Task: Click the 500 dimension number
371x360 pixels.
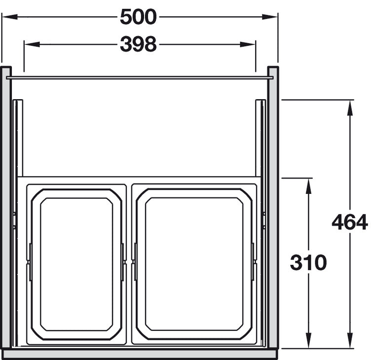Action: click(x=138, y=17)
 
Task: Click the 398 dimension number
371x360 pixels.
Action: click(x=138, y=44)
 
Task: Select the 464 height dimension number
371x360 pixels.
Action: click(x=350, y=222)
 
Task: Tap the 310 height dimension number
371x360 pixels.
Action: click(x=308, y=262)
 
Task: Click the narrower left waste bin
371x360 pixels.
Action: click(x=76, y=264)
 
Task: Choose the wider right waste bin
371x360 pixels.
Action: click(x=194, y=264)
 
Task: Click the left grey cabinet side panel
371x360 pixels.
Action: click(x=6, y=207)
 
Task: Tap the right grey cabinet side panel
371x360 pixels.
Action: click(x=273, y=207)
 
